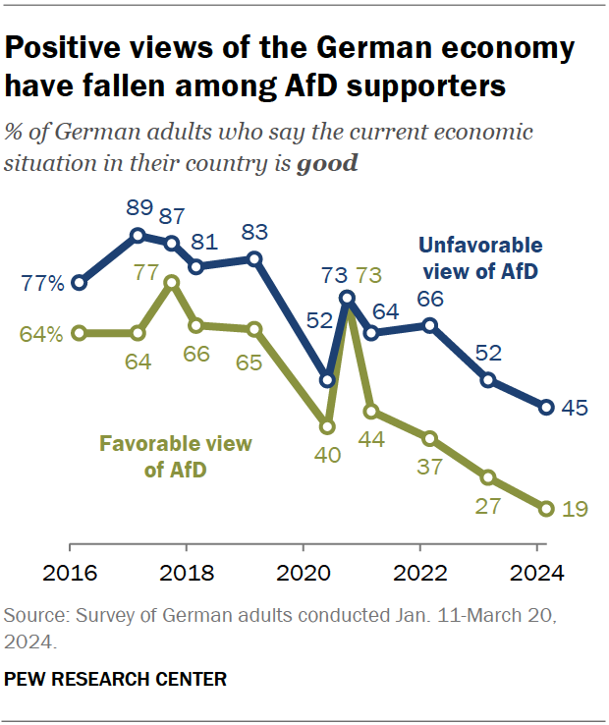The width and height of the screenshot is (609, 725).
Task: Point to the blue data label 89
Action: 138,210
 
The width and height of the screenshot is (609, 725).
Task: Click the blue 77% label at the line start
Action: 44,284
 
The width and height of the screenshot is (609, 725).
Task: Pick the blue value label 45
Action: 574,407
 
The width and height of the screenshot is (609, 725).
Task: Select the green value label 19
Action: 574,509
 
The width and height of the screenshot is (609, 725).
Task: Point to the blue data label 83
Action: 254,234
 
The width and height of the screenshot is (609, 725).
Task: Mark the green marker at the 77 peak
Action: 172,282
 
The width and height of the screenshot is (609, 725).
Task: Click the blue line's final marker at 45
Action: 546,407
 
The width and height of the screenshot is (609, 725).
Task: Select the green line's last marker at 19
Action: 546,508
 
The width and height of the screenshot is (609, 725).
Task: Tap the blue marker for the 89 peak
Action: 138,235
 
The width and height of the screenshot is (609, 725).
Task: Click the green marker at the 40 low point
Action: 327,426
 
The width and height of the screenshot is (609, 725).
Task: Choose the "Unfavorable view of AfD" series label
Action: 479,258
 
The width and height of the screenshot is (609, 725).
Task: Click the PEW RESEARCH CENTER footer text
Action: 116,679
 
